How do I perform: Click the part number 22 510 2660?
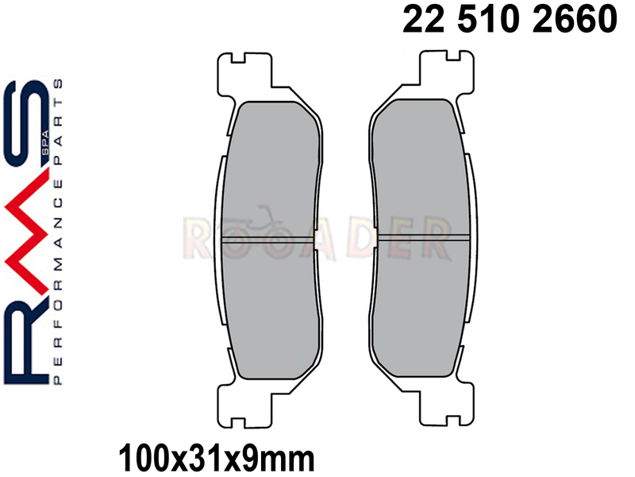click(510, 19)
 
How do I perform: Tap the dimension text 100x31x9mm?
click(216, 459)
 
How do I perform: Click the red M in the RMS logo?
click(26, 231)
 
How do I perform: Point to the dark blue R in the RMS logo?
click(26, 339)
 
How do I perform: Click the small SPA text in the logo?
click(46, 143)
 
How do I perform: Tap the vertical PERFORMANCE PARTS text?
click(58, 232)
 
